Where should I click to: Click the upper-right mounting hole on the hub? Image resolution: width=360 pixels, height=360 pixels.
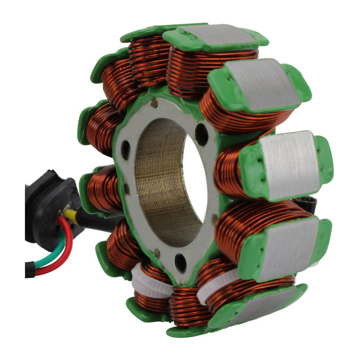(201, 134)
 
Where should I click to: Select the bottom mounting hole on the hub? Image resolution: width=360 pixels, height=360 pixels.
(180, 263)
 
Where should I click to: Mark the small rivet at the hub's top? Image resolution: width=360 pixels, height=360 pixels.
(154, 104)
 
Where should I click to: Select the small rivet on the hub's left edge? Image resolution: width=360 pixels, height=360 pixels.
(126, 187)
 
